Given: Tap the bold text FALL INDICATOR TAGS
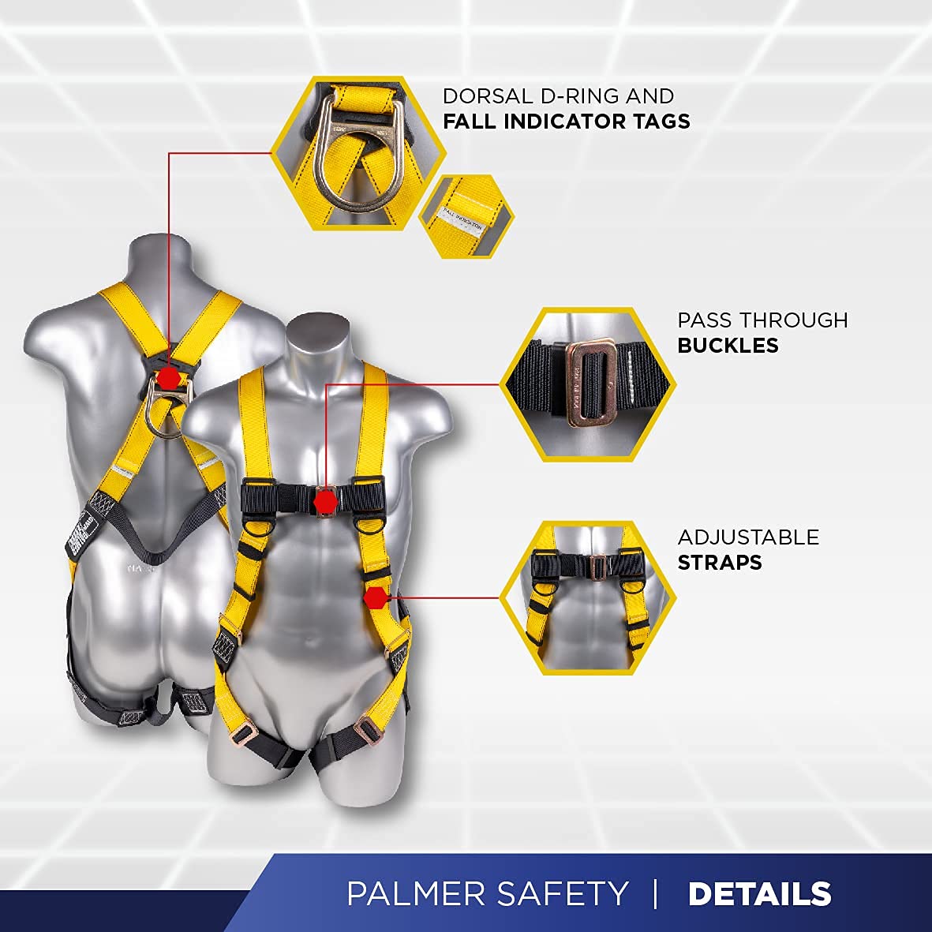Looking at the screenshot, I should click(566, 122).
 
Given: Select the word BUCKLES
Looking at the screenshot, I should click(728, 345).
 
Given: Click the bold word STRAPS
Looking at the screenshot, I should click(719, 562).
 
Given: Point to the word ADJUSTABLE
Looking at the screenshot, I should click(748, 537).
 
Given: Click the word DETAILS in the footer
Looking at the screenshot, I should click(759, 894).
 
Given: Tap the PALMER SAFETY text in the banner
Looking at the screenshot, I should click(488, 894).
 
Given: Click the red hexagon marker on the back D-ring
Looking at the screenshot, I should click(167, 377).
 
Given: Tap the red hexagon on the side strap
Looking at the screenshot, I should click(376, 597).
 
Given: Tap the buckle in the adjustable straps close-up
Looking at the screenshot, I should click(599, 567).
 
